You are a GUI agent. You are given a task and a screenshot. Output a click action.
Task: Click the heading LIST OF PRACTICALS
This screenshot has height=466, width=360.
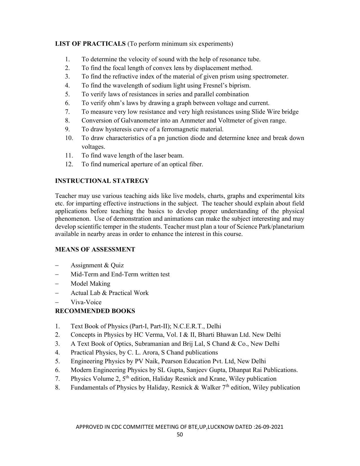[90, 44]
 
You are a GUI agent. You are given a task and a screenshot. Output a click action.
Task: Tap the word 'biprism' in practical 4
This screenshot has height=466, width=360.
[240, 85]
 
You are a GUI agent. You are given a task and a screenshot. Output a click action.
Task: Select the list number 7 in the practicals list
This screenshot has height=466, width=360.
[67, 112]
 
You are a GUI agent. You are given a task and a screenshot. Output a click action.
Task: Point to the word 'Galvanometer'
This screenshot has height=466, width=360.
[140, 121]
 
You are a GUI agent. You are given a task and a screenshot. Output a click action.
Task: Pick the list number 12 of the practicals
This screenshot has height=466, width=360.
[69, 164]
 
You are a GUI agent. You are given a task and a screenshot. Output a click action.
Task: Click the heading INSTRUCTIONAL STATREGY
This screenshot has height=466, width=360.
[102, 181]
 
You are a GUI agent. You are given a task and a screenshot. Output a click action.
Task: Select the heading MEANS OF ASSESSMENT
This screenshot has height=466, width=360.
[95, 250]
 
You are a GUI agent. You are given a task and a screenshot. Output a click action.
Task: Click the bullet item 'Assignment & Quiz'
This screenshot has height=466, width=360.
[97, 265]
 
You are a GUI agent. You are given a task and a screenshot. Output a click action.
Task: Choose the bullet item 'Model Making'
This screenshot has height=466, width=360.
[90, 284]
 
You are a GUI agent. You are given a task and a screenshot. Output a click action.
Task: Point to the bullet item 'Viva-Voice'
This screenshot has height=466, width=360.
[86, 302]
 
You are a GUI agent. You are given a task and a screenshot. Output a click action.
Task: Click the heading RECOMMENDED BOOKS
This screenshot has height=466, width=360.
[95, 311]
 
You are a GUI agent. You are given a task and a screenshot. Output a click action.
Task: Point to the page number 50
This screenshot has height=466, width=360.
[180, 434]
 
